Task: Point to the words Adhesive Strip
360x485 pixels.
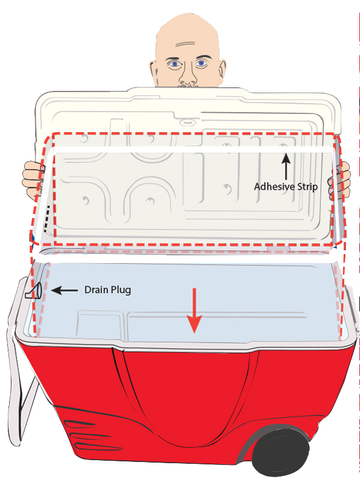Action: [286, 187]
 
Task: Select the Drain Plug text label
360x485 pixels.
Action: [108, 290]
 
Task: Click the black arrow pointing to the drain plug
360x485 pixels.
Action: [64, 290]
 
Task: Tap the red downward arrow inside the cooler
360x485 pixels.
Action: [194, 310]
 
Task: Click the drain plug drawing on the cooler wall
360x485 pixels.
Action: [33, 291]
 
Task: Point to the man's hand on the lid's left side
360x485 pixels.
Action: [32, 180]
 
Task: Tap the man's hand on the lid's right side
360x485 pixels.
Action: [339, 180]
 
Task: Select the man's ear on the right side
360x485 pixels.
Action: [222, 70]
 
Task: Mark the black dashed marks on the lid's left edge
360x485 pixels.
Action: [47, 218]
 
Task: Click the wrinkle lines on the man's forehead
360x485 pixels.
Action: [185, 44]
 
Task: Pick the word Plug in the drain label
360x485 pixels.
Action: [121, 290]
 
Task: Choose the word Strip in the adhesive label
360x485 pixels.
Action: [307, 187]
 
